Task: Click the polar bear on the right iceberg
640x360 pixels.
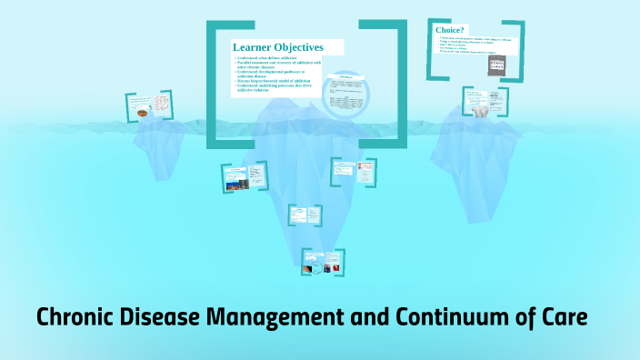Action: pos(479,110)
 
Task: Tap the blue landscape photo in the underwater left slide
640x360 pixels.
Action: pos(235,185)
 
